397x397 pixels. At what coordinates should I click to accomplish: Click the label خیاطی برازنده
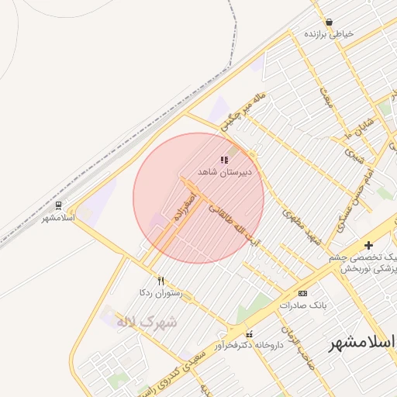point(329,34)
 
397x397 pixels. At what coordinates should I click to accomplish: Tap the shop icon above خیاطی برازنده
point(330,22)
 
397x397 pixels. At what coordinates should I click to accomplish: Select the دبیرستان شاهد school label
point(224,171)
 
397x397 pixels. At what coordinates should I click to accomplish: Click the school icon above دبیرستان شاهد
point(224,160)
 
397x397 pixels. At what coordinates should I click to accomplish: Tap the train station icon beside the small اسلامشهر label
point(58,205)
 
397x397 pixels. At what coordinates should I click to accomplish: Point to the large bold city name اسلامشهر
point(362,342)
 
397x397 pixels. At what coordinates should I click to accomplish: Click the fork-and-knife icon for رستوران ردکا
point(161,281)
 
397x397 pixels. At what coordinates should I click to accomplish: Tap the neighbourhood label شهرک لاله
point(147,321)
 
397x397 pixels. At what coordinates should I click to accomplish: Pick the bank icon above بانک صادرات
point(302,293)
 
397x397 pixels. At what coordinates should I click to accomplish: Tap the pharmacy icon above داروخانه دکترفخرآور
point(249,334)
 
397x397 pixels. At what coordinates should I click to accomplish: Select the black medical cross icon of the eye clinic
point(368,245)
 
